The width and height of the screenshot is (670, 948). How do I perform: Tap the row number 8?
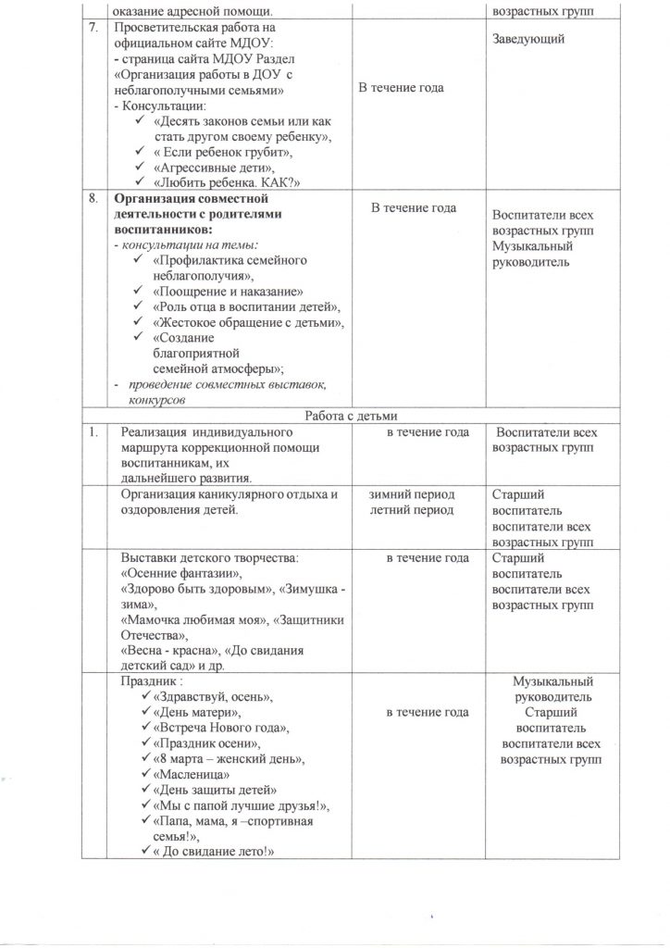click(x=91, y=199)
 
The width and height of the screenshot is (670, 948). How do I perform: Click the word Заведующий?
click(x=529, y=39)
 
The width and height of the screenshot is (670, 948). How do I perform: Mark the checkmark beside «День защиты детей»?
click(x=146, y=790)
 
